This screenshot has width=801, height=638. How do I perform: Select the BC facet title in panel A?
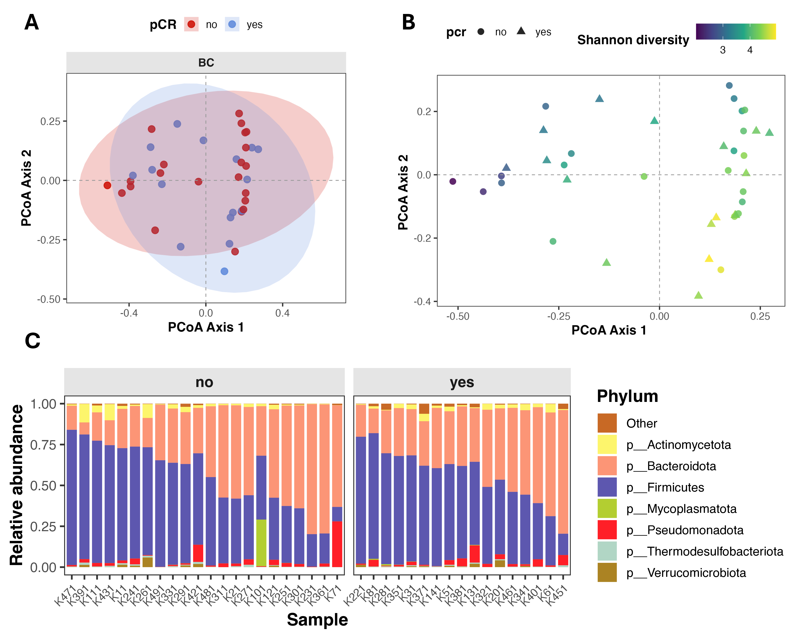point(206,62)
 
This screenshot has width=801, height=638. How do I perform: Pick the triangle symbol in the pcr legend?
point(521,31)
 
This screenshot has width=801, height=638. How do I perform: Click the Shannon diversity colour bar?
point(736,32)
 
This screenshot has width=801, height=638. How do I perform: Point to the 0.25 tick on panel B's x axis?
point(760,316)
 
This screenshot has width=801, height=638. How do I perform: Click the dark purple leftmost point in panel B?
point(453,181)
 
